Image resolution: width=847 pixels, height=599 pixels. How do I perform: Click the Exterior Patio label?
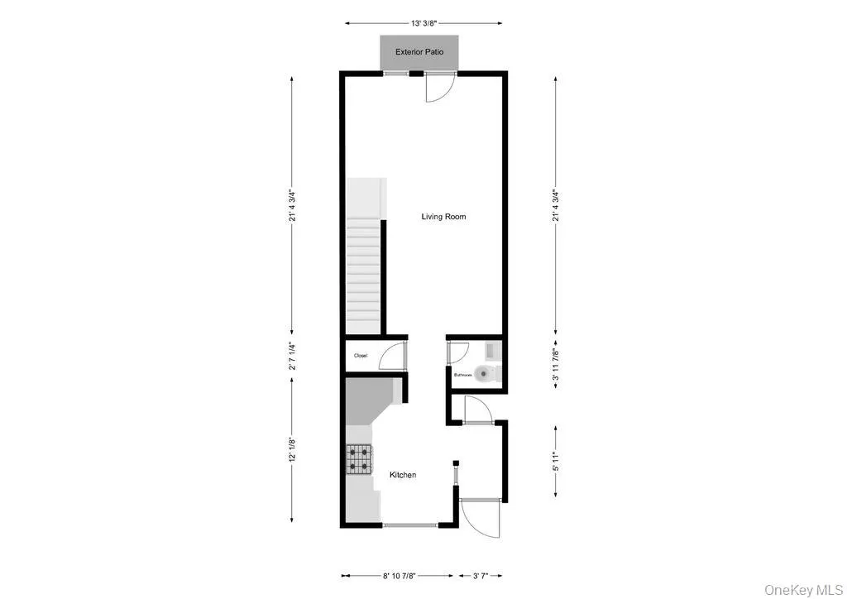click(x=419, y=52)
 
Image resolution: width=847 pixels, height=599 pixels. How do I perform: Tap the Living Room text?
click(x=443, y=217)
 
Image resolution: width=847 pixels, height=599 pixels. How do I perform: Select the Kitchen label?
click(x=403, y=475)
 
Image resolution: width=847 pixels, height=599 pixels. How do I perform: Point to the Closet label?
click(x=361, y=356)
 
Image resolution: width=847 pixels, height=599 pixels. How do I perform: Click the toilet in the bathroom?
click(x=488, y=373)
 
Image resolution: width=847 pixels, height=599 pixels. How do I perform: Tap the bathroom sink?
click(x=491, y=350)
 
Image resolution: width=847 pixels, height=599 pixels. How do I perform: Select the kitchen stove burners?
click(x=360, y=458)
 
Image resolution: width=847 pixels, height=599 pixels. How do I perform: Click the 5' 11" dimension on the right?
click(x=556, y=462)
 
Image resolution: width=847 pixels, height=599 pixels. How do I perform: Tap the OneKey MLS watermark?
click(x=802, y=588)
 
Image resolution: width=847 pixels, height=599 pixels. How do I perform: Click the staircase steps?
click(x=362, y=273)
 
